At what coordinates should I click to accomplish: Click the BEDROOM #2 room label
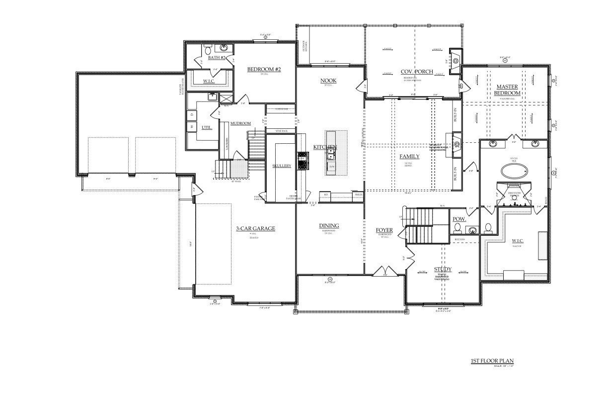pos(264,69)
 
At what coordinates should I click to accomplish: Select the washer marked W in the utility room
pos(192,127)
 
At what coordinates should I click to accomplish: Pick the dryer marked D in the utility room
pos(192,115)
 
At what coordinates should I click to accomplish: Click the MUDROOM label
pos(240,123)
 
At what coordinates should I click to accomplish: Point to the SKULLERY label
pos(282,166)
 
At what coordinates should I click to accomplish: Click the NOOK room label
pos(328,80)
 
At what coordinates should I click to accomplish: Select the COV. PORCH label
pos(417,72)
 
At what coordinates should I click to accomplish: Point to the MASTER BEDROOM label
pos(507,90)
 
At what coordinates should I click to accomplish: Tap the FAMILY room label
pos(409,156)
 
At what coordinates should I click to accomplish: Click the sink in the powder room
pos(473,230)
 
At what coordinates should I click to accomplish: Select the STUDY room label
pos(442,269)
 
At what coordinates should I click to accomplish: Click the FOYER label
pos(384,230)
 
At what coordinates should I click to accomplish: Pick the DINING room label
pos(329,226)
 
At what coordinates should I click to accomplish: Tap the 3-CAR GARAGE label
pos(255,228)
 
